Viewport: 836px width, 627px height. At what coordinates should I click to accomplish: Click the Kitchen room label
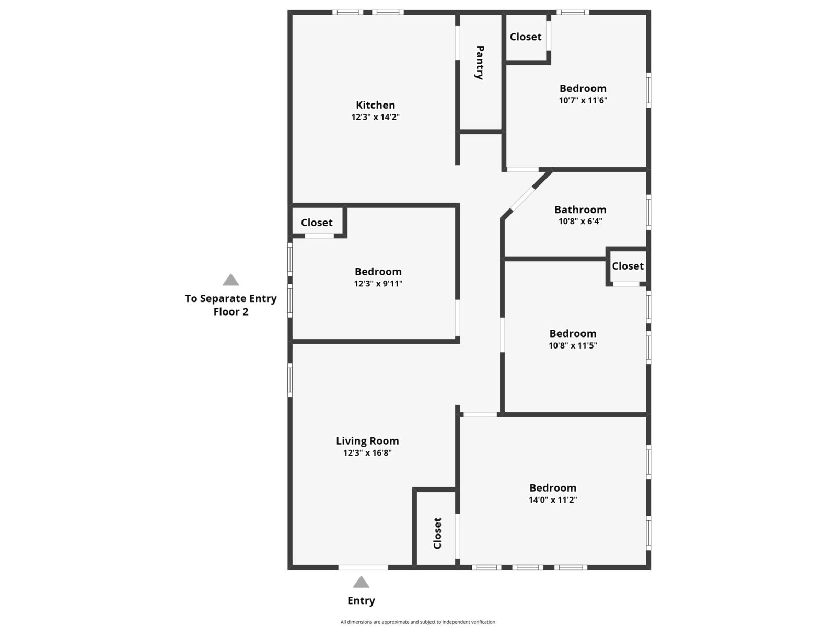tap(375, 105)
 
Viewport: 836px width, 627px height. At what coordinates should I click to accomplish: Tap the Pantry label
tap(480, 63)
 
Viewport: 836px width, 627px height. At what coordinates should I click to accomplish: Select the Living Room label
tap(367, 441)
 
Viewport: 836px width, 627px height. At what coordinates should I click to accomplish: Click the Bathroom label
tap(580, 210)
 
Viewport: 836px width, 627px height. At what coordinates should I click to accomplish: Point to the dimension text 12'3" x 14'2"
tap(375, 117)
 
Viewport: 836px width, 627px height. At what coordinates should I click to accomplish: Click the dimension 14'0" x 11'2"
tap(553, 500)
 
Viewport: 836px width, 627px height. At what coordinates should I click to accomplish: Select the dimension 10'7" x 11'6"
tap(583, 100)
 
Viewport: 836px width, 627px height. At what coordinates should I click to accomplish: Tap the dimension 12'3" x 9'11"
tap(378, 283)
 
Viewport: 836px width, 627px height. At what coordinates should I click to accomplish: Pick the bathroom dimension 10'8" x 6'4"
tap(580, 221)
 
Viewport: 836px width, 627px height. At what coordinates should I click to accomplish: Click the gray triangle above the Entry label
tap(361, 583)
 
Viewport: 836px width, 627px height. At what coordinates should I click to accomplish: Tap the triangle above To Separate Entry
tap(230, 280)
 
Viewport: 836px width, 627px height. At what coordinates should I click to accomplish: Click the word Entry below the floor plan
tap(361, 601)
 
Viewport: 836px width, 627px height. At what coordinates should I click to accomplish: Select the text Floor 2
tap(230, 312)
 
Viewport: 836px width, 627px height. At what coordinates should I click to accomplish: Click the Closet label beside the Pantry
tap(525, 37)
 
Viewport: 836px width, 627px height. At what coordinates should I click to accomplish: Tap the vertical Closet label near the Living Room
tap(437, 533)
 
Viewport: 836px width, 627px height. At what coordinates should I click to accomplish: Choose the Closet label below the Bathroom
tap(628, 266)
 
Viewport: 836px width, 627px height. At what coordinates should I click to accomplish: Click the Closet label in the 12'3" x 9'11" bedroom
tap(317, 223)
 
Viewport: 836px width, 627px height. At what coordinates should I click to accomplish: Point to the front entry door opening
tap(363, 567)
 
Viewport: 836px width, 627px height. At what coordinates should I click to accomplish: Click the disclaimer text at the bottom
tap(418, 622)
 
